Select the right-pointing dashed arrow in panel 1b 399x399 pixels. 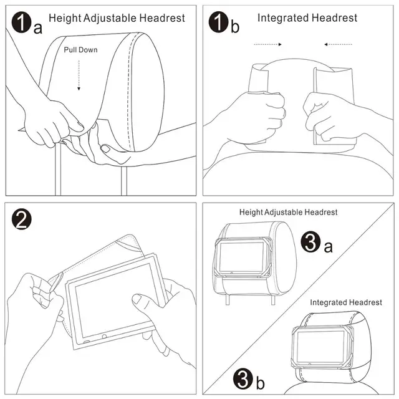269,44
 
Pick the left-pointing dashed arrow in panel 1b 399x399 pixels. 337,44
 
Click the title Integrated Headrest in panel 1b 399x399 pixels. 307,17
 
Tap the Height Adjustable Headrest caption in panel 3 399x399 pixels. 288,213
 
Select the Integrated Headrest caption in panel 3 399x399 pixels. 346,302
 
